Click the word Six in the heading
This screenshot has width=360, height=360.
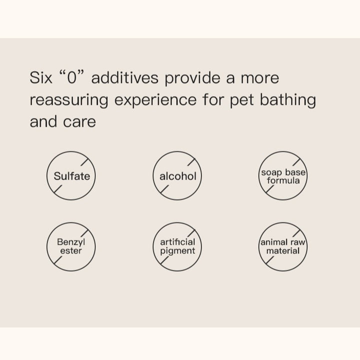(41, 77)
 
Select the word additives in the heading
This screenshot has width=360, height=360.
(125, 77)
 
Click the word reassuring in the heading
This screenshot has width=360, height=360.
(69, 100)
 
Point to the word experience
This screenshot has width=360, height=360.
(155, 100)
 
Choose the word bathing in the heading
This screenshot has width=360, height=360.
(288, 99)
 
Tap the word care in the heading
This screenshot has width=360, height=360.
(79, 122)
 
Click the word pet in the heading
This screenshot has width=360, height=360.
(242, 100)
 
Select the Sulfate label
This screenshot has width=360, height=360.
(72, 176)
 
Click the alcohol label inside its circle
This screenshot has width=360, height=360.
(178, 176)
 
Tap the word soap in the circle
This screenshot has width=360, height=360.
(271, 172)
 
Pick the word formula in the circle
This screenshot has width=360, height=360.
(283, 180)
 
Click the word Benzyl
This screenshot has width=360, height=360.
(71, 242)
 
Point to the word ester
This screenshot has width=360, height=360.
(71, 250)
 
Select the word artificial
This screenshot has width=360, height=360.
(177, 242)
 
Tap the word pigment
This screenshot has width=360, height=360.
(177, 251)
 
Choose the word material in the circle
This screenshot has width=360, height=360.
(283, 250)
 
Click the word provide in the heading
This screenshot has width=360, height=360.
(192, 78)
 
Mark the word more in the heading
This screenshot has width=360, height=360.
(260, 78)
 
